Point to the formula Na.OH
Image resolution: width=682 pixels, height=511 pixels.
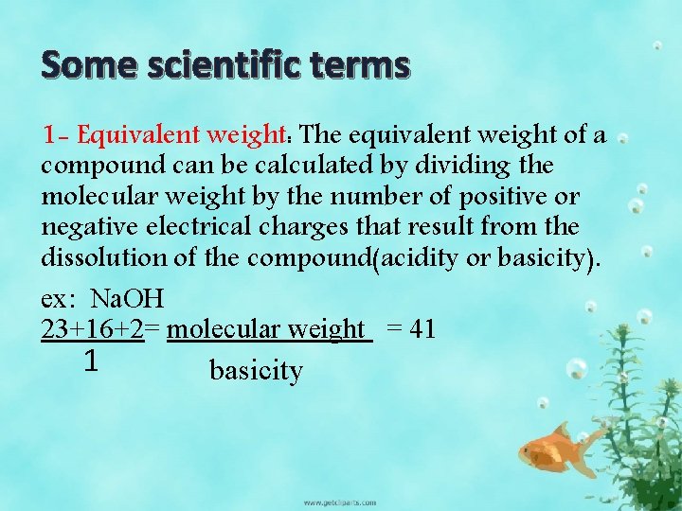127,300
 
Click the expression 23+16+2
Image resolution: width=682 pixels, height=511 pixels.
93,329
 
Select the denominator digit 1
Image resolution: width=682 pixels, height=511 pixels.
90,361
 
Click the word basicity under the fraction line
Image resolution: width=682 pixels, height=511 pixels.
256,371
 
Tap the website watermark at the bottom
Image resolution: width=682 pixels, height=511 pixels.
339,502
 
